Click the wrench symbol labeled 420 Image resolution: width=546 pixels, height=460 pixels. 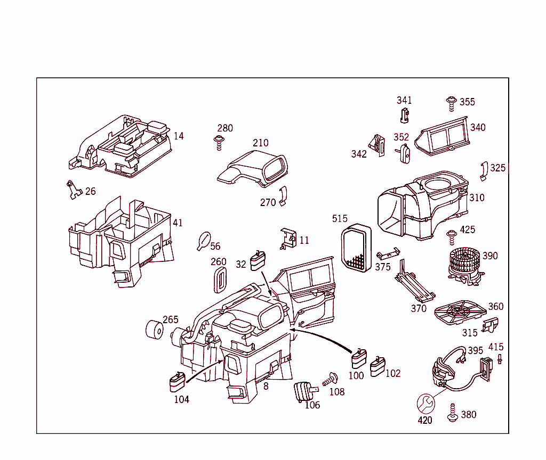(425, 402)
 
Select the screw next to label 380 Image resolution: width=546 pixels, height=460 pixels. (453, 413)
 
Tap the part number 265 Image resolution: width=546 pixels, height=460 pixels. (170, 319)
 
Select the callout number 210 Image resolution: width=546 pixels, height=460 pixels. (260, 143)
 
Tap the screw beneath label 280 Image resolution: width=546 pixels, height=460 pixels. (219, 143)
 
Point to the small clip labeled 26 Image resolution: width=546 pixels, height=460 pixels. (73, 189)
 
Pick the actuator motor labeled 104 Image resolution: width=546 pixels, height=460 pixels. (176, 382)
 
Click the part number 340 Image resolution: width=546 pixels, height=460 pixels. (477, 127)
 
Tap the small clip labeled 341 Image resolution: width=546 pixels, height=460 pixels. (404, 114)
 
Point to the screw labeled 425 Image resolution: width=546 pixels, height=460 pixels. (451, 235)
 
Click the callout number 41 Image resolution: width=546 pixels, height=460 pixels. (178, 223)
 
